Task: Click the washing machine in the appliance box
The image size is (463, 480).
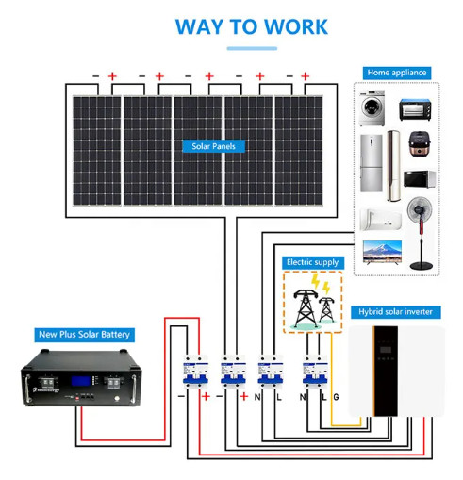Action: coord(375,107)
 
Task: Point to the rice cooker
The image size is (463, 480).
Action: coord(416,145)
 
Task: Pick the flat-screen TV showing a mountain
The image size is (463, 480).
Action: coord(383,251)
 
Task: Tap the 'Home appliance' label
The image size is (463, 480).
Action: coord(397,73)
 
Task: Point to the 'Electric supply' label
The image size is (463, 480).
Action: coord(312,262)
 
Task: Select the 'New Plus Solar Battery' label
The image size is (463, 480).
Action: coord(84,334)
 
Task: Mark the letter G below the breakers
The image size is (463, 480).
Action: coord(336,397)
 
